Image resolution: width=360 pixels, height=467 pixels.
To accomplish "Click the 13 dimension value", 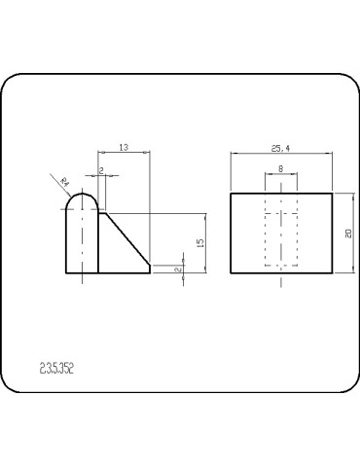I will pos(124,147).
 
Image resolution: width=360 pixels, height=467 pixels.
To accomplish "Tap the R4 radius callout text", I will pos(65,181).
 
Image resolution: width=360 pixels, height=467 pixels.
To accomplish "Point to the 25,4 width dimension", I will pos(280,148).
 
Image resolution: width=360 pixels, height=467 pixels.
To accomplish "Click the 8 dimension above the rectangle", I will pos(281,168).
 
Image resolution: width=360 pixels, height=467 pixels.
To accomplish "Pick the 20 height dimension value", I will pos(347,233).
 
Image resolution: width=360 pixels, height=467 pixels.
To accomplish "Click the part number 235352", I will pos(57,368).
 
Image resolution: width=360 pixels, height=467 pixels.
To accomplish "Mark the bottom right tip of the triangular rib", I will pos(149,272).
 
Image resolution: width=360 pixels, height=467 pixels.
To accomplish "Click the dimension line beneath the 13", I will pos(124,153).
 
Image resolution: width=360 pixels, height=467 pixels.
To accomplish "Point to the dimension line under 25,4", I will pos(280,154).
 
